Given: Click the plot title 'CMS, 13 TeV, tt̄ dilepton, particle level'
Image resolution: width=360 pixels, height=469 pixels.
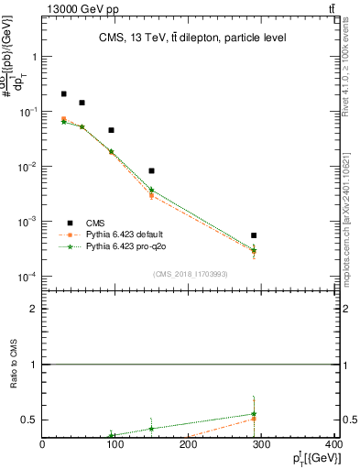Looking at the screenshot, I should pos(191,38).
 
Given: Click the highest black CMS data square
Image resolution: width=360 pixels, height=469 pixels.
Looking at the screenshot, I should pos(63,93).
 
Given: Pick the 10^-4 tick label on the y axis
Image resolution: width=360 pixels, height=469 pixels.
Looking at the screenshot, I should pos(28,277).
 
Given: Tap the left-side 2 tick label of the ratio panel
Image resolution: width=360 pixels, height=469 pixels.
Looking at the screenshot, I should pos(34,309).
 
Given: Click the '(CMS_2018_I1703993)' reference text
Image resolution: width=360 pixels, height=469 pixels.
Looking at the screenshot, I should pos(191,274).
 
